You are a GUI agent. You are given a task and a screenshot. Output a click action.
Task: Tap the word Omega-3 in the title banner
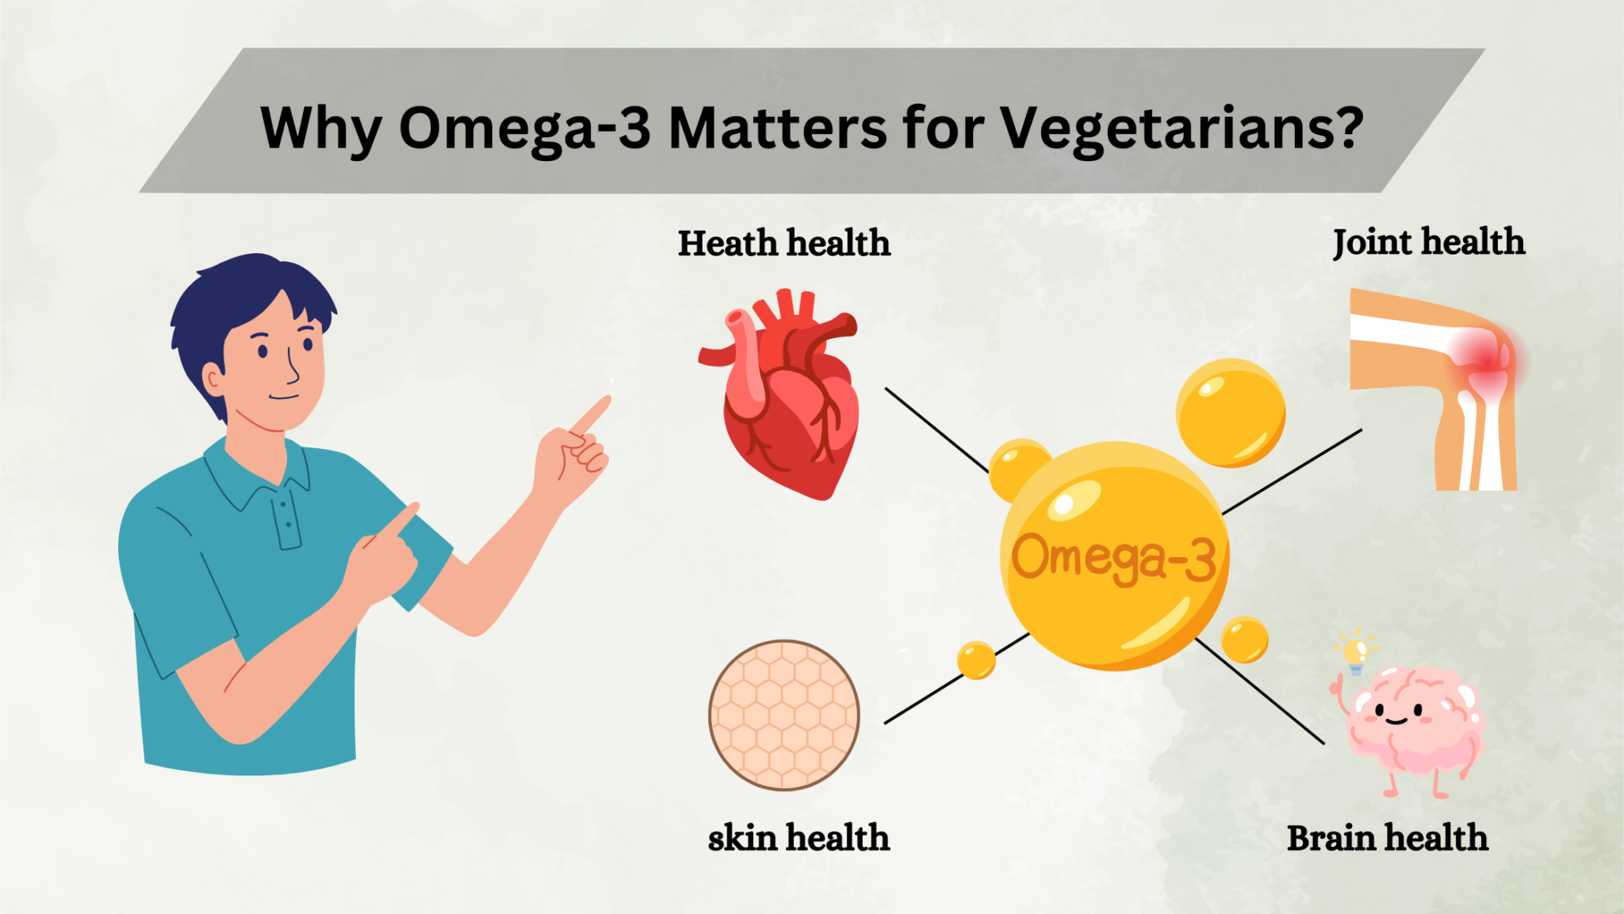pyautogui.click(x=524, y=127)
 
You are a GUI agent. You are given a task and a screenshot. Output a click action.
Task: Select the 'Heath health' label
pyautogui.click(x=783, y=243)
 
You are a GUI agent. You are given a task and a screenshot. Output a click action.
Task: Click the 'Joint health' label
pyautogui.click(x=1428, y=241)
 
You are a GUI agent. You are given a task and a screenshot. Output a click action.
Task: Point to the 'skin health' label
pyautogui.click(x=799, y=838)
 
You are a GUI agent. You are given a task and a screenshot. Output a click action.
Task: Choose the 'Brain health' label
pyautogui.click(x=1387, y=838)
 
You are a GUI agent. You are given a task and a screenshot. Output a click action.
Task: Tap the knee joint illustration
pyautogui.click(x=1435, y=389)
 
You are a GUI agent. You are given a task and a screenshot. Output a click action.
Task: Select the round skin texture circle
pyautogui.click(x=783, y=715)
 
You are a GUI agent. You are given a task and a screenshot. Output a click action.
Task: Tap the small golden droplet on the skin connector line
pyautogui.click(x=976, y=660)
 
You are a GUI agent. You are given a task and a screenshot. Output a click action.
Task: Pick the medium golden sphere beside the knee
pyautogui.click(x=1230, y=413)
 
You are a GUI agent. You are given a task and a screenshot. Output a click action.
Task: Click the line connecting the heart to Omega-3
pyautogui.click(x=936, y=428)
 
